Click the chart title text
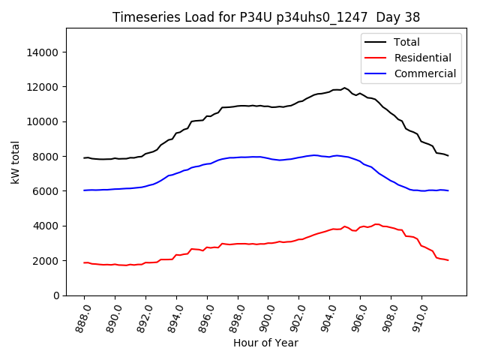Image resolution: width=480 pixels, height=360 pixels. (x=266, y=16)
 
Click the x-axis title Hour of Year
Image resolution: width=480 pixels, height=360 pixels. (x=265, y=343)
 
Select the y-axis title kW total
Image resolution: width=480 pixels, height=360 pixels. (x=15, y=162)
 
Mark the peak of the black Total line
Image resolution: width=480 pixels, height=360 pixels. (x=345, y=88)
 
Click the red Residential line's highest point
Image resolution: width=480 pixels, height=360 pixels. (x=376, y=224)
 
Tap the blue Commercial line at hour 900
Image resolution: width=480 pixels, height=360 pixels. (x=268, y=158)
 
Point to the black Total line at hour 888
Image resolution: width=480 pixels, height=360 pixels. (x=85, y=157)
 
